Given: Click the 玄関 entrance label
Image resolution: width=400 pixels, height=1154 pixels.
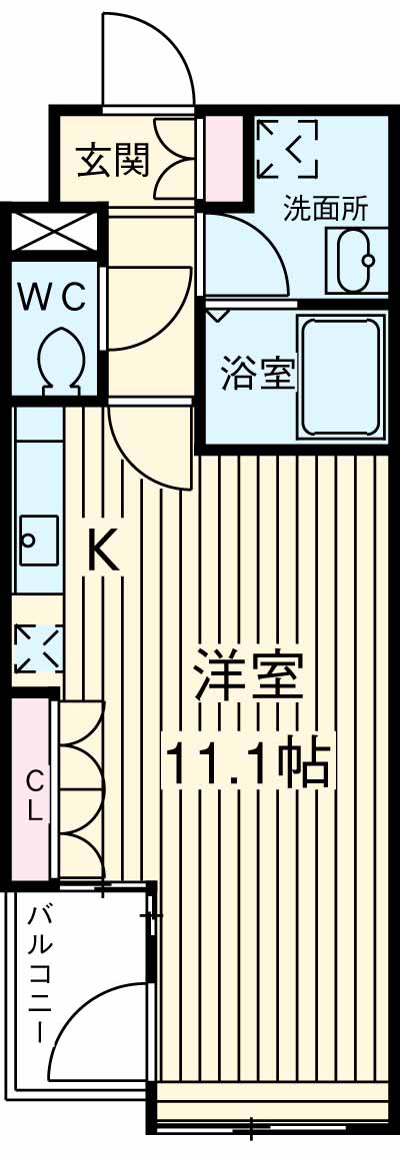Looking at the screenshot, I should point(114,159).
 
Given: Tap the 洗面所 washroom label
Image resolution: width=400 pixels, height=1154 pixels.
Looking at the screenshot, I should point(325,210).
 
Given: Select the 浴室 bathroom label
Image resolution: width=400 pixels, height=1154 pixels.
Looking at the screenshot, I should point(257,376).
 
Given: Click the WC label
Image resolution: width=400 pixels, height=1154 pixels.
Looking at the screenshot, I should point(56,297).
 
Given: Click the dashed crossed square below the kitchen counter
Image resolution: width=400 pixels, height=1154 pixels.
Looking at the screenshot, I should point(37,648).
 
